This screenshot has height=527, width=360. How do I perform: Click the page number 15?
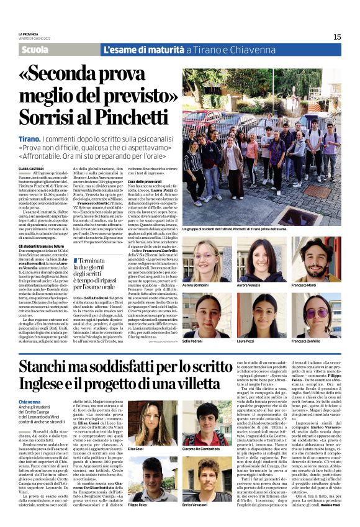(336, 37)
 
